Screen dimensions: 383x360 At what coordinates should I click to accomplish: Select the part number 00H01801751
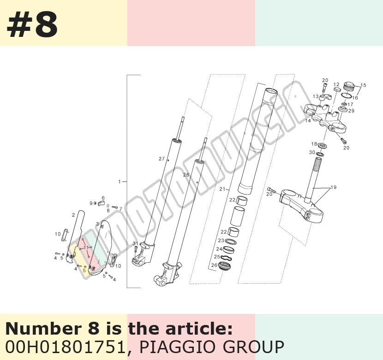pos(65,347)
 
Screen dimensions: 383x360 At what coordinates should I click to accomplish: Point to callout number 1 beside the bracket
pos(120,182)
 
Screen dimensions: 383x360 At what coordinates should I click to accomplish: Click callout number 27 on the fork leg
pos(162,159)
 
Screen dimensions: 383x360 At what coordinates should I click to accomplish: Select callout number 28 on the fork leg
pos(186,175)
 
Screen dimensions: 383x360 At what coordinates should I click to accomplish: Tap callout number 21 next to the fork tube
pos(222,189)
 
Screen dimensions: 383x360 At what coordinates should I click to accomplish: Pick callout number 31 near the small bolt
pos(135,243)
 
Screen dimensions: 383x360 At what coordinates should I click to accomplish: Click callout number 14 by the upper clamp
pos(308,121)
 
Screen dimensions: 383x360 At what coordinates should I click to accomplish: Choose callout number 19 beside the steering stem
pos(334,187)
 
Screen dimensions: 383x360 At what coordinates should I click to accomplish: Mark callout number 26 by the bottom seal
pos(214,265)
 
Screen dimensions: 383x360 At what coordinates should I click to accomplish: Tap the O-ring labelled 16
pos(347,95)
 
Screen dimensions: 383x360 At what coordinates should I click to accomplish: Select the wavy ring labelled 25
pos(227,258)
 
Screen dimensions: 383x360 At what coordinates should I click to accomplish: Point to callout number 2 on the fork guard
pos(73,215)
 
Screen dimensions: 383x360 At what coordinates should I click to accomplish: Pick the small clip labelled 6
pos(101,203)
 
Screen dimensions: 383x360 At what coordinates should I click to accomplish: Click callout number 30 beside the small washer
pos(312,152)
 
